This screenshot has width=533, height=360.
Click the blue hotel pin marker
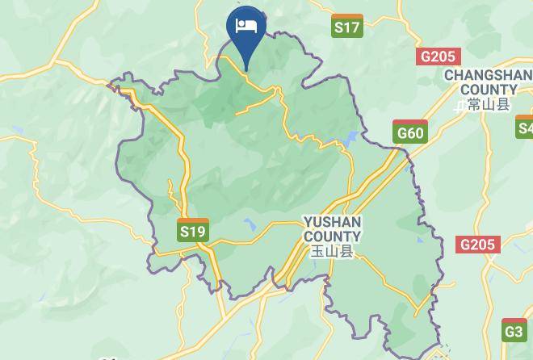click(x=246, y=31)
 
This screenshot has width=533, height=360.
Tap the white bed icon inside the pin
click(x=246, y=26)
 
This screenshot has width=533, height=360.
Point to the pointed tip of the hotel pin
click(x=246, y=70)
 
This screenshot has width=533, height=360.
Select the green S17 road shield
click(x=347, y=27)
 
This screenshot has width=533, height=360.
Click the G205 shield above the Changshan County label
click(x=437, y=57)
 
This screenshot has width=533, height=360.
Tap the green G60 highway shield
click(x=410, y=133)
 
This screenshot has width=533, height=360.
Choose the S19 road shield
click(x=193, y=232)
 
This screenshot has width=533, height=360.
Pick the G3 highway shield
click(x=514, y=331)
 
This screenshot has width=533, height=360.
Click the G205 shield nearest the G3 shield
click(x=478, y=244)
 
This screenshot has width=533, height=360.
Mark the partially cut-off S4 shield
click(x=525, y=128)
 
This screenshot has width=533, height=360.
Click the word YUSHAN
click(x=332, y=221)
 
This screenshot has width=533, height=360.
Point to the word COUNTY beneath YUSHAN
click(x=332, y=236)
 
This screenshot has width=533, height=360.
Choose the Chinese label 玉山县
click(x=332, y=251)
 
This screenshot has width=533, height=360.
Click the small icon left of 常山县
click(x=460, y=105)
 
